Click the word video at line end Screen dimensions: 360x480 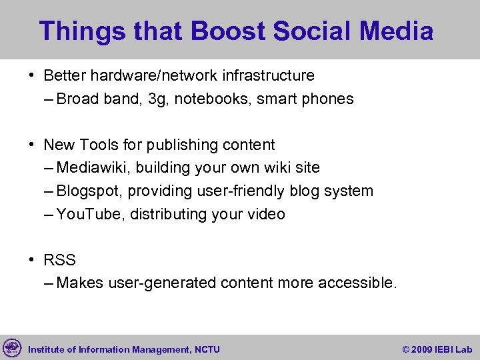(x=266, y=214)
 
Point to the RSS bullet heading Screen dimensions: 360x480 (x=59, y=260)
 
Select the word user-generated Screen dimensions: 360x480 (x=147, y=283)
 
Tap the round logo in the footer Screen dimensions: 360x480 (x=12, y=348)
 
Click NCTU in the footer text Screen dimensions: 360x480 (x=208, y=349)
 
